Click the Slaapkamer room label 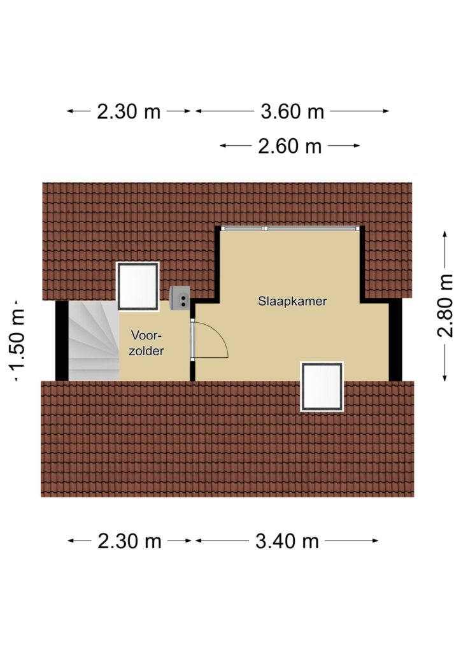(x=292, y=301)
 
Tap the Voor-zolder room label (x=146, y=343)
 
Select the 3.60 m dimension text (x=292, y=111)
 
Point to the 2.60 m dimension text (x=290, y=146)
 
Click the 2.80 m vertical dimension (x=445, y=306)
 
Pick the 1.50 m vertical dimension (x=17, y=340)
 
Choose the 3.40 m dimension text (x=287, y=541)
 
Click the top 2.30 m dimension (x=129, y=111)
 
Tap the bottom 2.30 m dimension (x=129, y=541)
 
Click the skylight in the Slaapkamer (x=322, y=386)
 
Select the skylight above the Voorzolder (x=138, y=286)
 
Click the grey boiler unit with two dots (x=180, y=297)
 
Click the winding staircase (x=94, y=341)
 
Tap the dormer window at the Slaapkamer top (x=290, y=229)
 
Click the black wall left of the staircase (x=62, y=341)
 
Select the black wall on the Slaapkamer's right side (x=395, y=341)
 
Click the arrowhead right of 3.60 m (x=385, y=111)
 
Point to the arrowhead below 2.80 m (x=445, y=378)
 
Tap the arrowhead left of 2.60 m (x=224, y=146)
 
